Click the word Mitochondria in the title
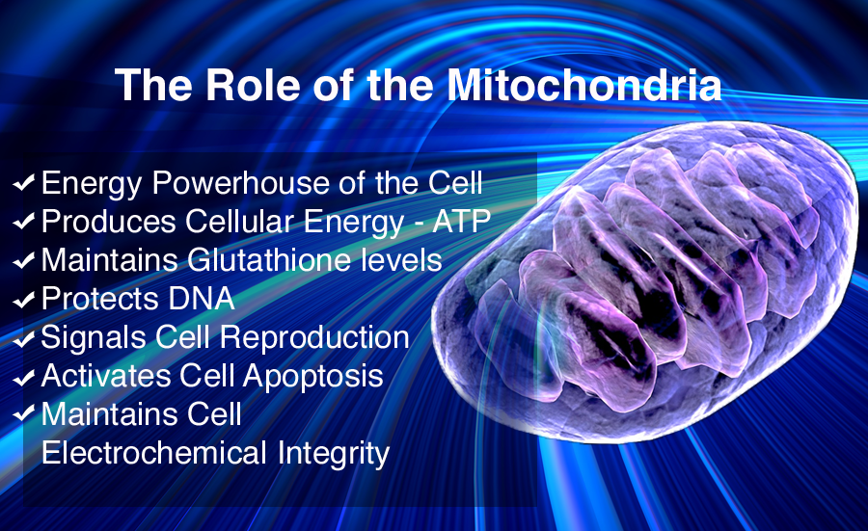click(x=584, y=85)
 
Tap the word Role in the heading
click(x=253, y=85)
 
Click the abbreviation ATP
click(x=462, y=222)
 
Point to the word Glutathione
click(x=269, y=260)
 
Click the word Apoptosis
click(x=312, y=377)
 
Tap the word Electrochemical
click(x=154, y=453)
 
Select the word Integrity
click(x=334, y=455)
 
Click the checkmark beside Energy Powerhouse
click(x=24, y=182)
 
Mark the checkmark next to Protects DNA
click(x=24, y=300)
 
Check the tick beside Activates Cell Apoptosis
click(x=24, y=377)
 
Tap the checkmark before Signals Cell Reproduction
click(x=24, y=338)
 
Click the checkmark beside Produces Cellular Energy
click(x=24, y=222)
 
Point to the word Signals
click(x=93, y=338)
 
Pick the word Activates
click(x=106, y=376)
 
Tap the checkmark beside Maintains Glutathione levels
click(x=24, y=260)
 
